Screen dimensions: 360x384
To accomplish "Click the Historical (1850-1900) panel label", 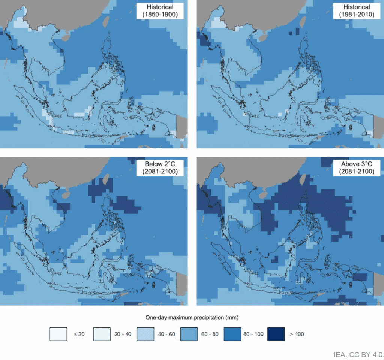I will tap(160, 11).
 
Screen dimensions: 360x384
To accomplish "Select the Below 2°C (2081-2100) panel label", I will tap(160, 168).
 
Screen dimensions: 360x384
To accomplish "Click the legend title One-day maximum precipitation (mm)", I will tap(192, 318).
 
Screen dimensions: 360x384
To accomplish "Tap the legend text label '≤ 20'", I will tap(77, 334).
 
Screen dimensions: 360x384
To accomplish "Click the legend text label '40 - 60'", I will tap(165, 334).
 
